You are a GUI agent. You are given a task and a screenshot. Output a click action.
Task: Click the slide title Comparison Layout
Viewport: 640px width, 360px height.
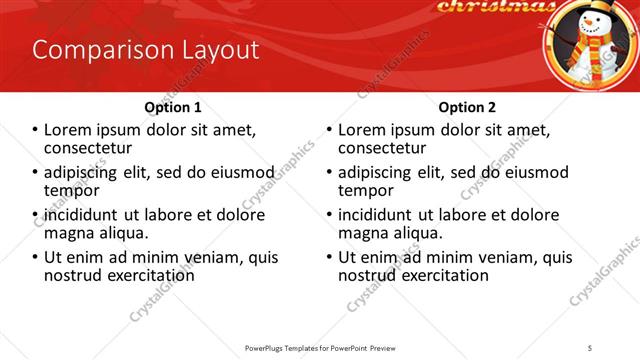point(146,50)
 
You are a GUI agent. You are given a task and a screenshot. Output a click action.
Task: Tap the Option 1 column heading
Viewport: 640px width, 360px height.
point(173,107)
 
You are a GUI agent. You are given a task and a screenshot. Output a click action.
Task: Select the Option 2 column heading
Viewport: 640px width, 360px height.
point(467,107)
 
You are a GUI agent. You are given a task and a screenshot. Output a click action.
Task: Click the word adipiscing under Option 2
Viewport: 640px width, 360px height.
point(378,172)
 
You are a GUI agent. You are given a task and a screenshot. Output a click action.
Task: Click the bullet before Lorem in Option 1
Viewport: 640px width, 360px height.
point(34,130)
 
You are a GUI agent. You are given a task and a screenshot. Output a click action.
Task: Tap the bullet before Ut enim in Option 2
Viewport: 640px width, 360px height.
point(328,257)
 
